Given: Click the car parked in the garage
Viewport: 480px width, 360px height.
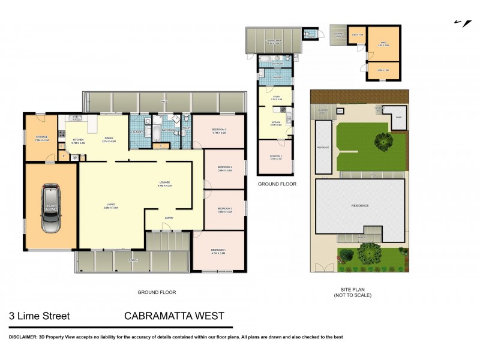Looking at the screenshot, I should (x=50, y=208).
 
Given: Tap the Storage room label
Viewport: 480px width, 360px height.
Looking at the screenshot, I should (x=41, y=138).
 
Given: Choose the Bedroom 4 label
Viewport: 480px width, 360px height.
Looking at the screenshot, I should (x=224, y=169).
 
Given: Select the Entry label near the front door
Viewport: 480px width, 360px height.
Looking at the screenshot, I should (x=170, y=218).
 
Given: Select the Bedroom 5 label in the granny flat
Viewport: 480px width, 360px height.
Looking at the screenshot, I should (x=275, y=157).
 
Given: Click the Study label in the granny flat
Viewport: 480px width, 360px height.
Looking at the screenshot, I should (x=276, y=97).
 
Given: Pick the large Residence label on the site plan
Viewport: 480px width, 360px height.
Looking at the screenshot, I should (x=359, y=206).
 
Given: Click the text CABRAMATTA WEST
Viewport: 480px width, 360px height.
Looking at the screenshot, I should (x=174, y=316).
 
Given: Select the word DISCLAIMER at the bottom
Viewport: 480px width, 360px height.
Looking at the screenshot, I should (x=22, y=337).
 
